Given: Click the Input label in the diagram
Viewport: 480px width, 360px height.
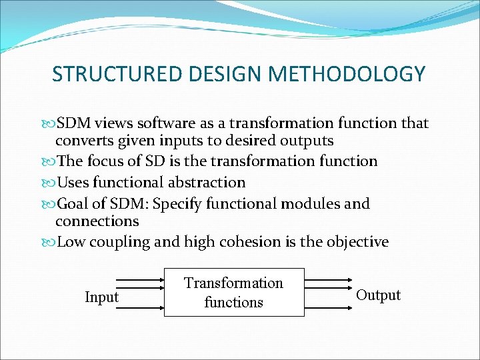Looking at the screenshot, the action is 101,297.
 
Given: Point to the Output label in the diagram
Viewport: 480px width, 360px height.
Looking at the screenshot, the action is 379,295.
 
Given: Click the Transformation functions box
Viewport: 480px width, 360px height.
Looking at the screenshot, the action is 233,292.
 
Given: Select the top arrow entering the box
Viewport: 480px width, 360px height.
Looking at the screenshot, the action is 139,280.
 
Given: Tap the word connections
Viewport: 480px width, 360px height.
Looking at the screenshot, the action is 97,221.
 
